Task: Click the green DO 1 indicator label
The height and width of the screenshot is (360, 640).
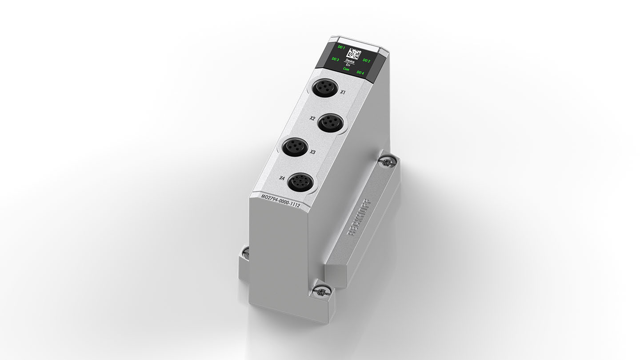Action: [341, 47]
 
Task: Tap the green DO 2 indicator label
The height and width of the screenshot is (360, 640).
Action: [367, 60]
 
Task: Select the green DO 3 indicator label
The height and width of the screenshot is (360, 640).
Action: [335, 59]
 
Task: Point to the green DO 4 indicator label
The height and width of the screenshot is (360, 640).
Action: [360, 72]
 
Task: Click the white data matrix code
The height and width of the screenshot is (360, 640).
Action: [354, 54]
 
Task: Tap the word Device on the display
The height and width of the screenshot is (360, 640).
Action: [350, 62]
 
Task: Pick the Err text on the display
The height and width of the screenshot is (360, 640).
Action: [348, 65]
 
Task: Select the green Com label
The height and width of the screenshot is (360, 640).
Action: [347, 69]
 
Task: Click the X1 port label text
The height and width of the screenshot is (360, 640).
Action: [343, 92]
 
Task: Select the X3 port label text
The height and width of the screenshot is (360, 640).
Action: [312, 152]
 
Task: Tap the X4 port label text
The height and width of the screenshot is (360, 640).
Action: [282, 178]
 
